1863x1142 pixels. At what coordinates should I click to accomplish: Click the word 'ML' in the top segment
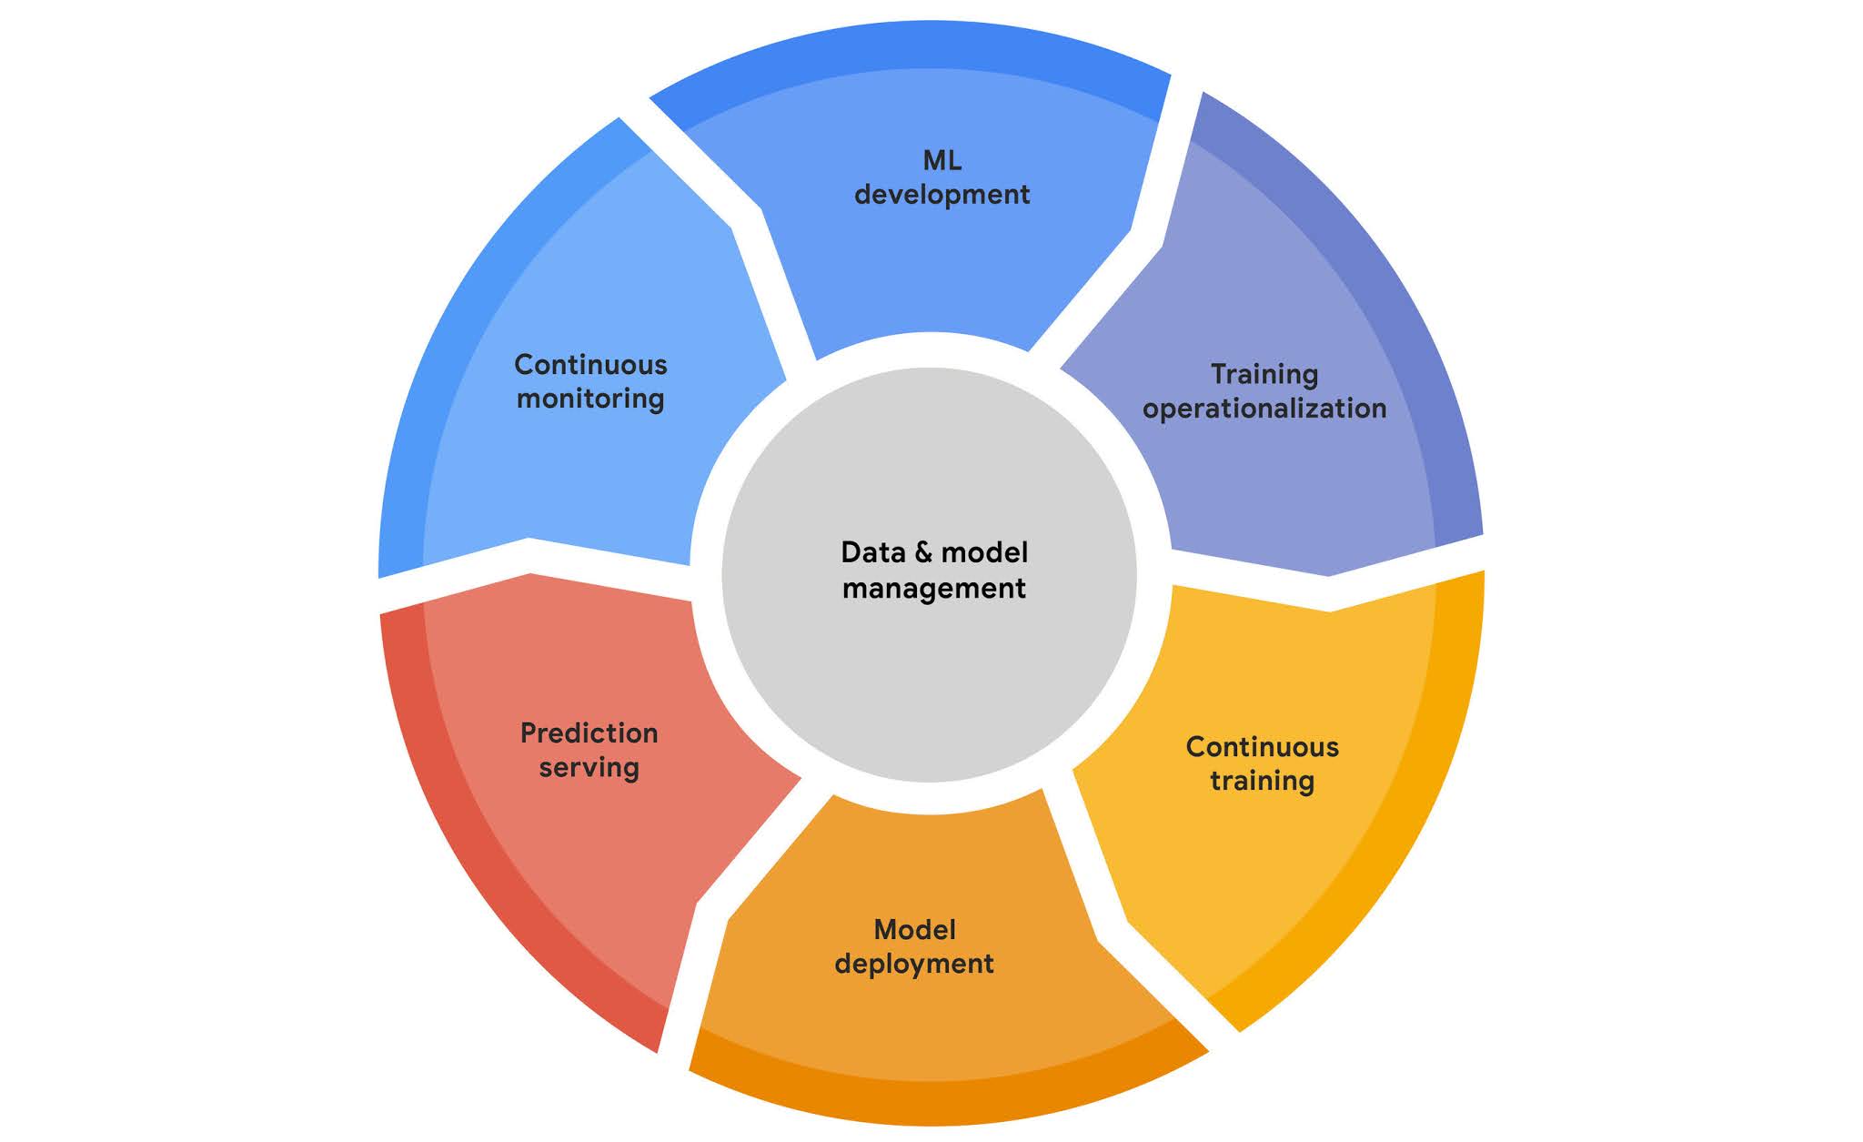942,161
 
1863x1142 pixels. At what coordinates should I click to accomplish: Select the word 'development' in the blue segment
942,195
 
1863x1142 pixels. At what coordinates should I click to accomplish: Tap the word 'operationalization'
1264,409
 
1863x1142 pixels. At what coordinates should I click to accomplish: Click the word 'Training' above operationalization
1264,374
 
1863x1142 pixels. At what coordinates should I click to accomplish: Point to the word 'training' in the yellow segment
1262,781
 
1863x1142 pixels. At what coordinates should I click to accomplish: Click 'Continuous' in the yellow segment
1262,747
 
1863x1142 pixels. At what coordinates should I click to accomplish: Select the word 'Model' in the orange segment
914,930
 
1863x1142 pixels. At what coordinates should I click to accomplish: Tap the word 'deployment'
914,964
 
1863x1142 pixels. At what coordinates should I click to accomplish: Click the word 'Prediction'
589,733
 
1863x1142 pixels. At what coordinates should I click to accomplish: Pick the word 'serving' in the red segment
589,767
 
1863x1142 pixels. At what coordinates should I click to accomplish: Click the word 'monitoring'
590,399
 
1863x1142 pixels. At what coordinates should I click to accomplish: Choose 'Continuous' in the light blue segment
590,365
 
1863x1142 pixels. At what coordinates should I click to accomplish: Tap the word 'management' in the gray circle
933,589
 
